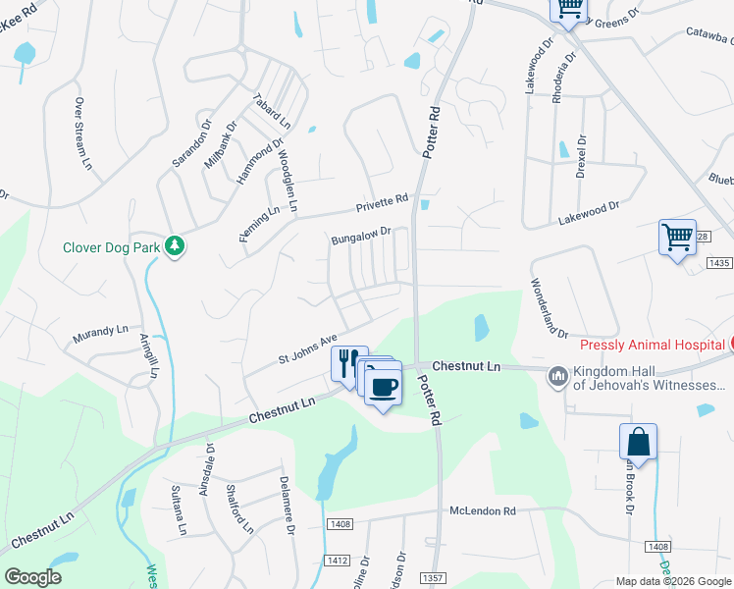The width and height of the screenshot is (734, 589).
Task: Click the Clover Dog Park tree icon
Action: point(175,245)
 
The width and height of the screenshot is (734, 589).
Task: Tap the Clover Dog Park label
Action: point(111,248)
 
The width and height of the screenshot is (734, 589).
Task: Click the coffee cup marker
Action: point(384,384)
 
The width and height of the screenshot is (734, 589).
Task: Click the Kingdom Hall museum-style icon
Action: point(558,375)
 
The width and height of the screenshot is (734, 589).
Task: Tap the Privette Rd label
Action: point(382,204)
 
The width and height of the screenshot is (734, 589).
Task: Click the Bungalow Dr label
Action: point(361,237)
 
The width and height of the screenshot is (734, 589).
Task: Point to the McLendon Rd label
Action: point(483,511)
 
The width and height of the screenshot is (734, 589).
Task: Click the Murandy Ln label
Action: point(101,335)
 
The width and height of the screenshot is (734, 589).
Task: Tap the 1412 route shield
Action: point(336,560)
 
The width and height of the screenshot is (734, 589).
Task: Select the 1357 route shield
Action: point(431,577)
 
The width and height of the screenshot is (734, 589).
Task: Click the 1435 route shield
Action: point(719,263)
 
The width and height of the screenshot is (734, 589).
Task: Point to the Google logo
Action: point(32,576)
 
